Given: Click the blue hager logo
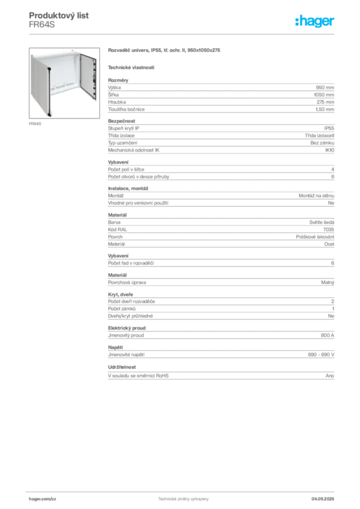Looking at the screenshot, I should [x=316, y=21].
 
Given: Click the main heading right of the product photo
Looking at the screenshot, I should [x=165, y=51].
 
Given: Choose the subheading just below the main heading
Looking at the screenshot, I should [x=131, y=67].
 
